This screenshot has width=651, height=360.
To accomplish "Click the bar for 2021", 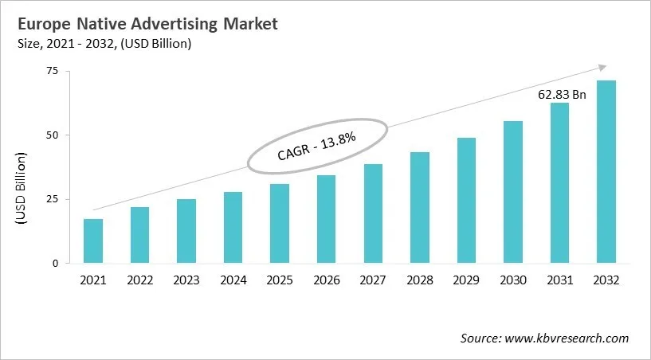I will [93, 241].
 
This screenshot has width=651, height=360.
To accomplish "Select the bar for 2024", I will [233, 227].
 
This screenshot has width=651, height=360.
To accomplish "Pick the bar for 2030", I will [512, 192].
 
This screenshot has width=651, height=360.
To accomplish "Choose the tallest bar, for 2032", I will [606, 171].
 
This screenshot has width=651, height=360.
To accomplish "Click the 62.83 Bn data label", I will [561, 95].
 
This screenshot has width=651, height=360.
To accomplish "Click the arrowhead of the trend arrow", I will [603, 68].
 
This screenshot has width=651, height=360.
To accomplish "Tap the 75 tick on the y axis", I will [52, 71].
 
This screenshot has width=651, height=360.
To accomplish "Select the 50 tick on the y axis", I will [52, 135].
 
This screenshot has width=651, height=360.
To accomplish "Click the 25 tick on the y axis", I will [52, 198].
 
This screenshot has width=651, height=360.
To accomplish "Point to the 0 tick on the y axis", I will [56, 263].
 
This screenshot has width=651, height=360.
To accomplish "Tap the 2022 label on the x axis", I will [139, 280].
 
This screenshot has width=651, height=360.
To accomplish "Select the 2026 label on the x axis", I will [326, 280].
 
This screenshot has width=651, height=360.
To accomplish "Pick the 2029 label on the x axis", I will [466, 280].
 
